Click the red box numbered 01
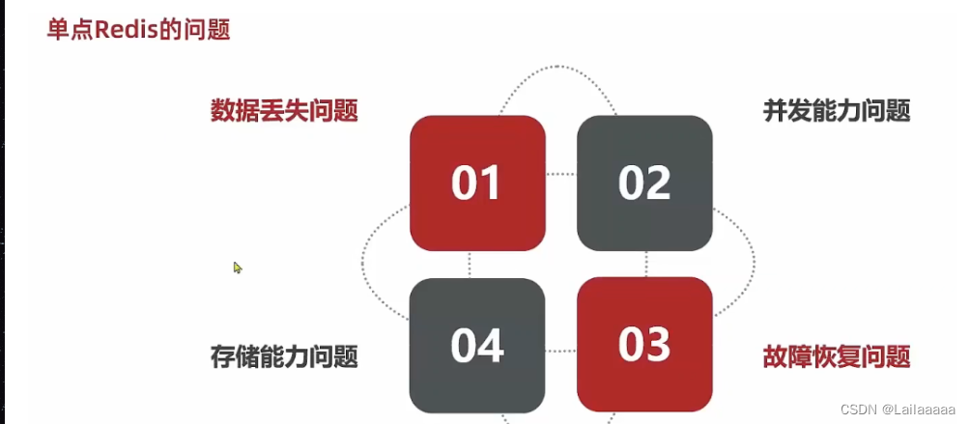click(477, 183)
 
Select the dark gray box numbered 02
click(644, 183)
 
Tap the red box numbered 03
click(644, 344)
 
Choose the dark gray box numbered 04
click(477, 345)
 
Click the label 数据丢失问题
click(284, 111)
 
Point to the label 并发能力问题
click(837, 111)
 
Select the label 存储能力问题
click(284, 357)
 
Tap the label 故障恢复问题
click(837, 357)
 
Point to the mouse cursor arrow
click(237, 267)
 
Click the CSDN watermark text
click(857, 409)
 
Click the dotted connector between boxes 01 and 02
click(561, 175)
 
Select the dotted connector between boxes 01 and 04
click(471, 265)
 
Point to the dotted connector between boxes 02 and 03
click(645, 265)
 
